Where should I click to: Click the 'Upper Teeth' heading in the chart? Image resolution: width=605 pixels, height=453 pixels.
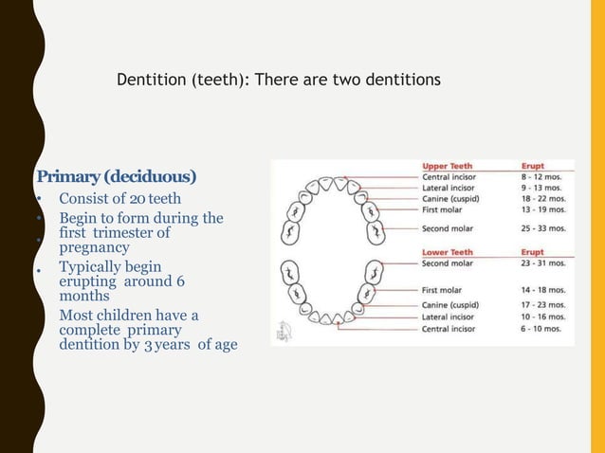447,166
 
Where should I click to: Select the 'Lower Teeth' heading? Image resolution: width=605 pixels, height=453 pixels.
447,252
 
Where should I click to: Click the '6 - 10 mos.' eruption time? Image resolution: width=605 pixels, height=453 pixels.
541,329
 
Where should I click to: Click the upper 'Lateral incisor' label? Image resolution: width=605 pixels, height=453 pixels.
449,188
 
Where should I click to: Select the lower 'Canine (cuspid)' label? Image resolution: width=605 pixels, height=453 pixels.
450,304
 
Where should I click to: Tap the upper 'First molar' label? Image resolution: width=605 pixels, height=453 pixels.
443,210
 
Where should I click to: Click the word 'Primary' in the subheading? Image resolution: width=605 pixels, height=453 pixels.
66,177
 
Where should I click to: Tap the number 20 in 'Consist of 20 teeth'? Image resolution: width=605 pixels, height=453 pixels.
137,199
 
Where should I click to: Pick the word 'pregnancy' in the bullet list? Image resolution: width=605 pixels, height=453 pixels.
94,247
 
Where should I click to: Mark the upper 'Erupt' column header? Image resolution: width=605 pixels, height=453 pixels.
533,166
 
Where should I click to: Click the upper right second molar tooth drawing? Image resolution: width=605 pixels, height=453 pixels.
376,230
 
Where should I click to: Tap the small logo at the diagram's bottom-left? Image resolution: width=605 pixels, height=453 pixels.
284,332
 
